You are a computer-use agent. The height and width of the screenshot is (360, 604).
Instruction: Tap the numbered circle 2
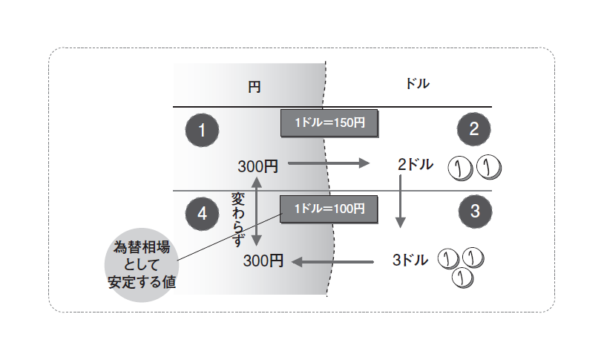474,130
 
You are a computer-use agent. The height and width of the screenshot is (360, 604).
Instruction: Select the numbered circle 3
474,212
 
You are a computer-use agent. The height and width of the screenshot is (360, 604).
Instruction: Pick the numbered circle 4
200,213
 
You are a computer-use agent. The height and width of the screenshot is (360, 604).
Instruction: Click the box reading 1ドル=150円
328,123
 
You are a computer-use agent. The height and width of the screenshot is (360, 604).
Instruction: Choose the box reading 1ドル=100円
328,209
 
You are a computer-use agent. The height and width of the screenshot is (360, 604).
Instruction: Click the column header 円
254,85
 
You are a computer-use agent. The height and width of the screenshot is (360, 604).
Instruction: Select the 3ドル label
410,261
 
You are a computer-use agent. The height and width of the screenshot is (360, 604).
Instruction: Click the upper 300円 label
257,166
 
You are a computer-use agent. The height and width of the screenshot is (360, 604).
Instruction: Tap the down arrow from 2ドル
401,200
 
